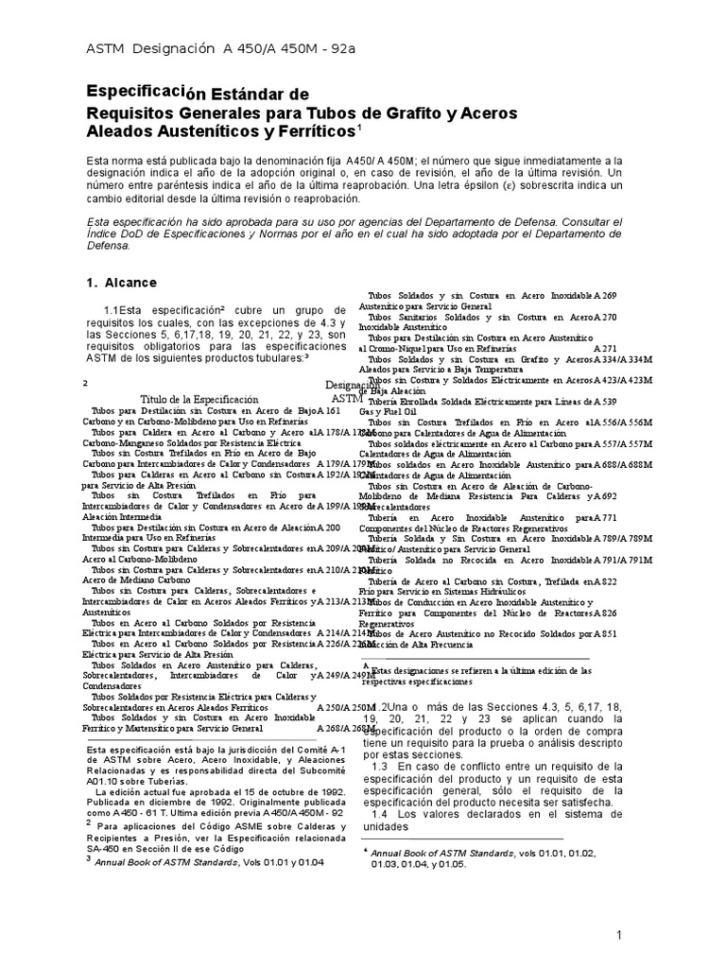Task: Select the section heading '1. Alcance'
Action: [x=122, y=283]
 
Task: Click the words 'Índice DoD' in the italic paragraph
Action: [x=120, y=233]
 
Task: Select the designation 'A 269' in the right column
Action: [x=606, y=297]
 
